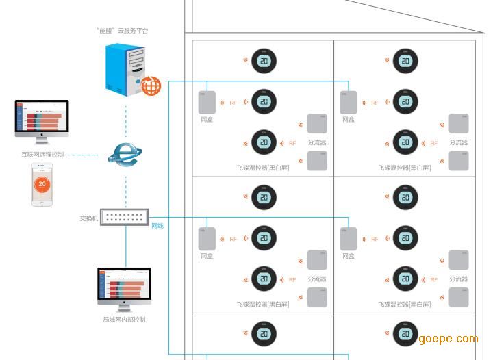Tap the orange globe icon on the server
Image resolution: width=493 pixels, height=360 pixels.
point(151,86)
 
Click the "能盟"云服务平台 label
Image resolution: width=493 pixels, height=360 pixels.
point(123,31)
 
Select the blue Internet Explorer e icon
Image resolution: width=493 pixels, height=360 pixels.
point(124,154)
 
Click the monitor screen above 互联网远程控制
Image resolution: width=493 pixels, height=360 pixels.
point(42,118)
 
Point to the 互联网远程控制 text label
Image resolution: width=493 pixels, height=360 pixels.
point(42,155)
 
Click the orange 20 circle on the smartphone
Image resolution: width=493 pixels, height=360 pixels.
point(42,183)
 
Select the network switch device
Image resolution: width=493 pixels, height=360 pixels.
point(124,218)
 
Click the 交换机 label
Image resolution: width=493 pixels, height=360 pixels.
point(89,219)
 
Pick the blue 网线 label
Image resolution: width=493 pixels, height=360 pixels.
point(157,226)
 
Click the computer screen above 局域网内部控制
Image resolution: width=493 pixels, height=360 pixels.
point(124,286)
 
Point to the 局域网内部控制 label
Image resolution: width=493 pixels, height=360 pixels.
point(124,320)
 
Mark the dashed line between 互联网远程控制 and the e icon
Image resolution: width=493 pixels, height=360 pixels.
point(86,155)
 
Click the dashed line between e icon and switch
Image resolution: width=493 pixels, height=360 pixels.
point(126,188)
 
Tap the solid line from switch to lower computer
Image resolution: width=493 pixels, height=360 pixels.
point(126,246)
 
